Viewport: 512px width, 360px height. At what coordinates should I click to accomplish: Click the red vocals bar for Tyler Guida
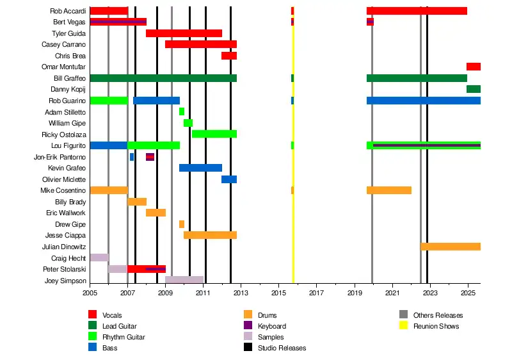pos(184,33)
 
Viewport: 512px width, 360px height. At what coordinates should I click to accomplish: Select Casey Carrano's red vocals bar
pos(200,44)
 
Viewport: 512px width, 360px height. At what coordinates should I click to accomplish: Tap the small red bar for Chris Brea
pos(228,56)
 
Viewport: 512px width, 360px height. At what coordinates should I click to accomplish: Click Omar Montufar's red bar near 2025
pos(473,67)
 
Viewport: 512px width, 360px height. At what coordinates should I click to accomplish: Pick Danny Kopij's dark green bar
pos(473,89)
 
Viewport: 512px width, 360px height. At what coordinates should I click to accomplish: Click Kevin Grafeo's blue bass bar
pos(200,168)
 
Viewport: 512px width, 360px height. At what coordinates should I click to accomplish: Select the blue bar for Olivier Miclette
pos(228,179)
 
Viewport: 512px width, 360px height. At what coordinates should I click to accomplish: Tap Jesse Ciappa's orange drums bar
pos(210,235)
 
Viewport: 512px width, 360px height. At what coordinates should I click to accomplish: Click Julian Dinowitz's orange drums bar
pos(450,247)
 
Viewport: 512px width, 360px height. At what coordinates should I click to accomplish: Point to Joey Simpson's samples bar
pos(184,280)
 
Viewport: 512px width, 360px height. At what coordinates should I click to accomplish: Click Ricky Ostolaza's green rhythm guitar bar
pos(214,134)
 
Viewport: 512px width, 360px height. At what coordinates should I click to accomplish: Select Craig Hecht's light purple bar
pos(99,258)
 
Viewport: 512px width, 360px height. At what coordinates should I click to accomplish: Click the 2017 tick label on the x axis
pos(317,293)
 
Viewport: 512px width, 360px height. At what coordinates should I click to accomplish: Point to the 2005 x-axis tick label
pos(90,293)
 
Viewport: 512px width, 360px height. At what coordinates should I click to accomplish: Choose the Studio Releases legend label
pos(282,348)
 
